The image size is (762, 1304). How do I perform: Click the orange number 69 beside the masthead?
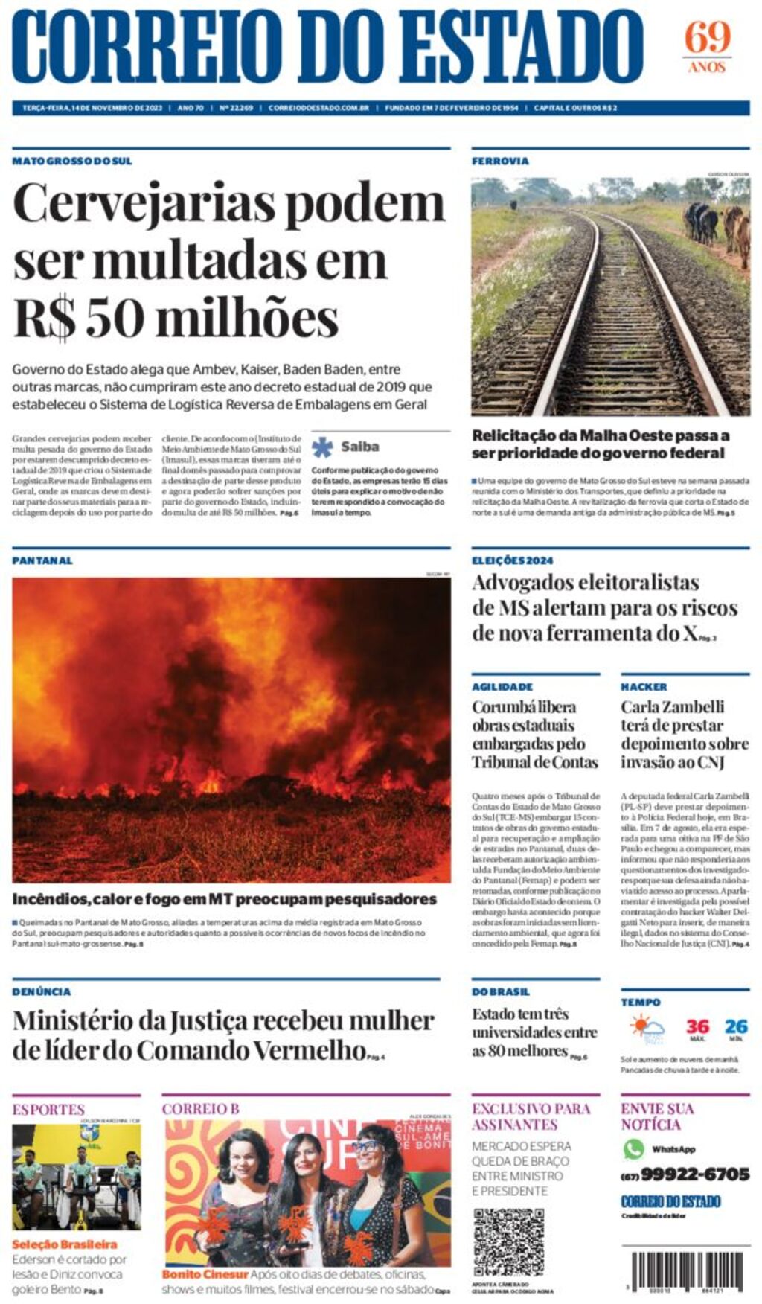707,37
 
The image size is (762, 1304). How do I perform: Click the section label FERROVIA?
500,161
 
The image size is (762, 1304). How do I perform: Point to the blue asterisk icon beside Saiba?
322,447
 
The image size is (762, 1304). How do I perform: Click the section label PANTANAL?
42,560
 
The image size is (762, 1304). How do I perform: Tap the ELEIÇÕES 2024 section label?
512,560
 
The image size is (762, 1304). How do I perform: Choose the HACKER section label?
644,686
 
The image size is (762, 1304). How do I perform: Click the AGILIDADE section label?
502,686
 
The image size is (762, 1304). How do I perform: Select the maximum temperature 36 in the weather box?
697,1026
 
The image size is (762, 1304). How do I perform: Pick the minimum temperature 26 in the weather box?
736,1026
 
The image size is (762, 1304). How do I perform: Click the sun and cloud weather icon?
647,1029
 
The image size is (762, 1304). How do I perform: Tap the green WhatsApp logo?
633,1148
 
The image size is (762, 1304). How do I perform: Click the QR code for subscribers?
508,1242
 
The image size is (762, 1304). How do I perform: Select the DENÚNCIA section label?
42,991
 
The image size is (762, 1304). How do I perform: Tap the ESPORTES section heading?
48,1109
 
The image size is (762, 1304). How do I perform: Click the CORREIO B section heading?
201,1109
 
